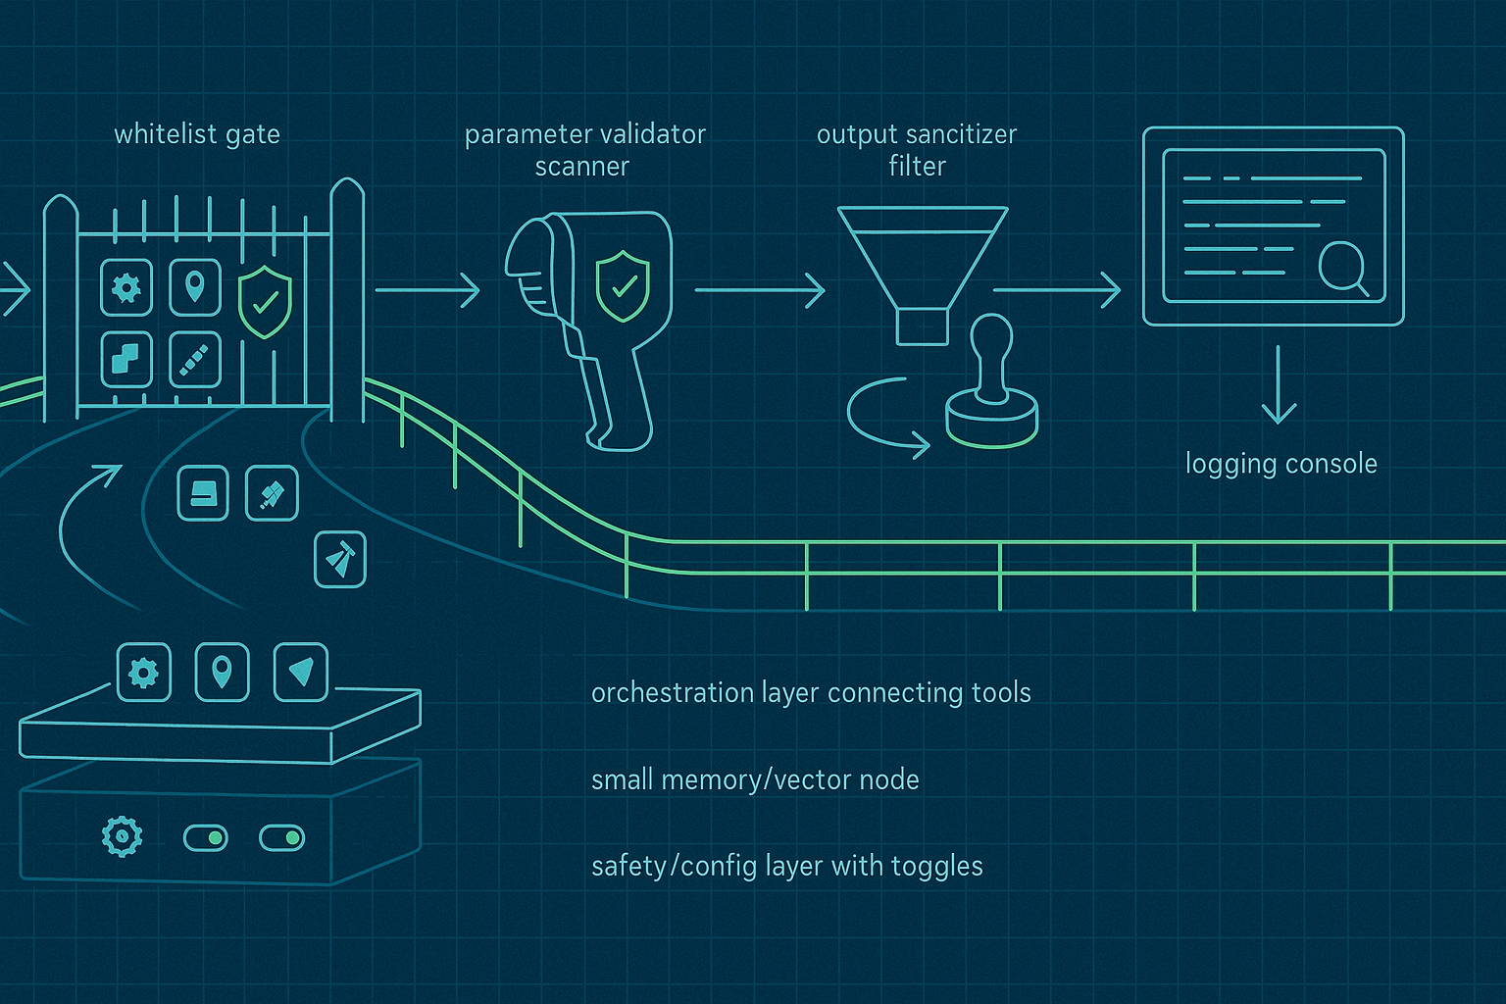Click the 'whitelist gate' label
197,134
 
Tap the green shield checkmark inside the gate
265,301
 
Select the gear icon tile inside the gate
126,288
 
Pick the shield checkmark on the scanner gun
623,285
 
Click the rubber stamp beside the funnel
991,387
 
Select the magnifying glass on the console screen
1341,266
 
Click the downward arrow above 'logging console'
1278,384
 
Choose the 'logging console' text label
1280,464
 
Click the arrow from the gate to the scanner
427,290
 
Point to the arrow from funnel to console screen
1057,290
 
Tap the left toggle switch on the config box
206,838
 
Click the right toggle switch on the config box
281,838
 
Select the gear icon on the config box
123,836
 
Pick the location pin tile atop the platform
223,673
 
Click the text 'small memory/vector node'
755,780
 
